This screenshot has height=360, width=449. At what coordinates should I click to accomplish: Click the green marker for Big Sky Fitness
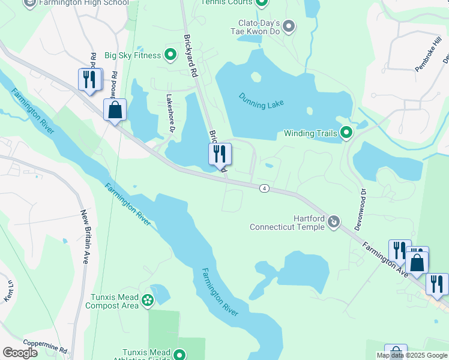(x=170, y=56)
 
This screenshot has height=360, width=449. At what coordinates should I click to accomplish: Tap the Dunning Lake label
(x=261, y=101)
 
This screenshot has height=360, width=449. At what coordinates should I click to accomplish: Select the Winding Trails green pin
(x=346, y=133)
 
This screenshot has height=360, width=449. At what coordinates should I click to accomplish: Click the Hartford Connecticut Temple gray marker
(x=334, y=223)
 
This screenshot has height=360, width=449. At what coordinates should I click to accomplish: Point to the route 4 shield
(x=264, y=188)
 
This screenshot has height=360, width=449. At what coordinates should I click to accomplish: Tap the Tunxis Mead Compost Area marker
(x=148, y=299)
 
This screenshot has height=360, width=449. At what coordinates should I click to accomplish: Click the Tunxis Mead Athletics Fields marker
(x=179, y=355)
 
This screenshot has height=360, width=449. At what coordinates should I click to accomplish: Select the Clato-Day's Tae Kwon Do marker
(x=289, y=26)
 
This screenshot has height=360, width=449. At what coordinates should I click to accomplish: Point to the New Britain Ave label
(x=85, y=232)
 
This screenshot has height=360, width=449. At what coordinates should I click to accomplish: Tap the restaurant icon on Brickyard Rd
(x=220, y=154)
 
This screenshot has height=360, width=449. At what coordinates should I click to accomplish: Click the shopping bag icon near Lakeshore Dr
(x=115, y=110)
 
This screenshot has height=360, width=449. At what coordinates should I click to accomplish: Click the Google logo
(x=20, y=352)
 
